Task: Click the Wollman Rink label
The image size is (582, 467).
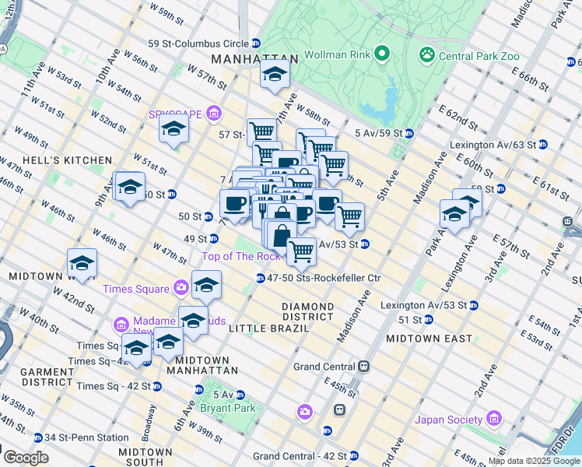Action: click(335, 55)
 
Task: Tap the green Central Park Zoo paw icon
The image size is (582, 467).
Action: click(426, 54)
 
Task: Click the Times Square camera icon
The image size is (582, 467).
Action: click(181, 289)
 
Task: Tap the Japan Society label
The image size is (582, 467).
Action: click(448, 420)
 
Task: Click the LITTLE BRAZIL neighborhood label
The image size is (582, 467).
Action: click(269, 329)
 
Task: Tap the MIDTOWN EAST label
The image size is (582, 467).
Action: click(429, 339)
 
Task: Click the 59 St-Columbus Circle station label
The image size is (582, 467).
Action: click(199, 43)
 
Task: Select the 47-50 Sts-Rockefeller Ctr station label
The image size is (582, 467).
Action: click(324, 278)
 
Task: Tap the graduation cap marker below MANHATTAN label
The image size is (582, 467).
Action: click(274, 75)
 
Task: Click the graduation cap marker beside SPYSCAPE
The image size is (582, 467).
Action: click(174, 128)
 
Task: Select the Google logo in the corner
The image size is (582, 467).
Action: click(25, 458)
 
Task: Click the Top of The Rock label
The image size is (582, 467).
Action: click(240, 256)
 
